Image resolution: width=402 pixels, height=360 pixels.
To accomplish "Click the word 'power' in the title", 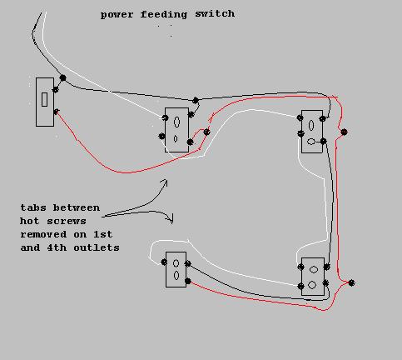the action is click(117, 15).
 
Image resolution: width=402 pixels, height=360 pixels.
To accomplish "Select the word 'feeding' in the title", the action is click(164, 14).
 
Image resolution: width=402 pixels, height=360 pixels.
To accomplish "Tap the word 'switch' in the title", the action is click(215, 13).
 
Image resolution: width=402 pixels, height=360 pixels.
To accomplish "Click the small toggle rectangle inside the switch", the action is click(44, 99).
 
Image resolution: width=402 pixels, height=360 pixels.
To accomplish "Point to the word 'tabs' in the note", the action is click(33, 207).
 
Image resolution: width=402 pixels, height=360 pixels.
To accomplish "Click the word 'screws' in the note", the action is click(67, 221).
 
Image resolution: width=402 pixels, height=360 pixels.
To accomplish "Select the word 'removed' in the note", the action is click(43, 234).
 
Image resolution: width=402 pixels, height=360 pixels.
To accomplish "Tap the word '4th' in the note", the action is click(57, 247).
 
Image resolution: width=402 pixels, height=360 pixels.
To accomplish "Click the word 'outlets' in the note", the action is click(97, 247).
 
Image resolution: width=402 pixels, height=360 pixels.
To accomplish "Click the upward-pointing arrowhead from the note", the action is click(165, 182).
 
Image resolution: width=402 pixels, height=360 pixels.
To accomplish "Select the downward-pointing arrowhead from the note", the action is click(171, 219).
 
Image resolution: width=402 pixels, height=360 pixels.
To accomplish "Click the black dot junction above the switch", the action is click(63, 78).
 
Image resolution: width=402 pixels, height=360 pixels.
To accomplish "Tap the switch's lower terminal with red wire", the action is click(56, 112).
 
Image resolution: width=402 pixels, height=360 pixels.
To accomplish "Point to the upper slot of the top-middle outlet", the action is click(176, 122).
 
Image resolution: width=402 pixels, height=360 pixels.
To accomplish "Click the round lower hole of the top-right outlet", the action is click(311, 142).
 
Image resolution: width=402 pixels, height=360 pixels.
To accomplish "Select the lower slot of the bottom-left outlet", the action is click(176, 275).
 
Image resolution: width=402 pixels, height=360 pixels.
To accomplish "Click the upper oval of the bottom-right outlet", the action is click(314, 269).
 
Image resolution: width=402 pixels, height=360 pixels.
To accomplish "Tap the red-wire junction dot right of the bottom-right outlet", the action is click(351, 283).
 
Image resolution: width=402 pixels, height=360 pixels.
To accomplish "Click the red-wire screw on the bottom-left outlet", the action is click(188, 281).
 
